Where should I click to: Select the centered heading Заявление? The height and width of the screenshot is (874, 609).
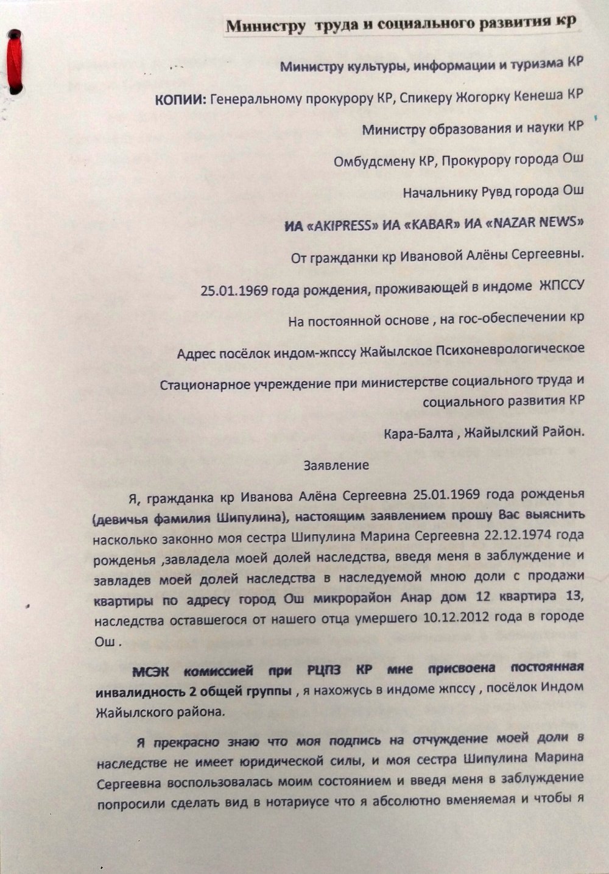336,466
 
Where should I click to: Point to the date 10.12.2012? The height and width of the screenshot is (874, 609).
455,617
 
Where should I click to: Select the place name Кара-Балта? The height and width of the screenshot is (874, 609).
419,434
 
